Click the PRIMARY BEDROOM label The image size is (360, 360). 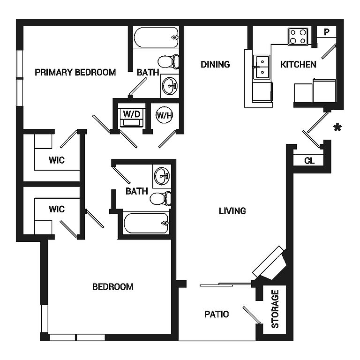point(75,72)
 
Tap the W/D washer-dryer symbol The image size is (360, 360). point(132,114)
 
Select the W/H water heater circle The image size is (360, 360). point(163,115)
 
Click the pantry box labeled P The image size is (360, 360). point(326,32)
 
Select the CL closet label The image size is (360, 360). point(309,161)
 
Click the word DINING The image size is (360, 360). point(215,64)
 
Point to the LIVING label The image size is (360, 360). point(232,211)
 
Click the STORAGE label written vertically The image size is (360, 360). point(275,309)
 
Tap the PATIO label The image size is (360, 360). point(217,314)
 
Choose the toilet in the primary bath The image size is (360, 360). point(168,61)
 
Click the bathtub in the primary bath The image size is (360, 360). point(157,37)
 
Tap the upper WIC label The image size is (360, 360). point(57,160)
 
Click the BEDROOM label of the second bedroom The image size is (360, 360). point(112,286)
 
